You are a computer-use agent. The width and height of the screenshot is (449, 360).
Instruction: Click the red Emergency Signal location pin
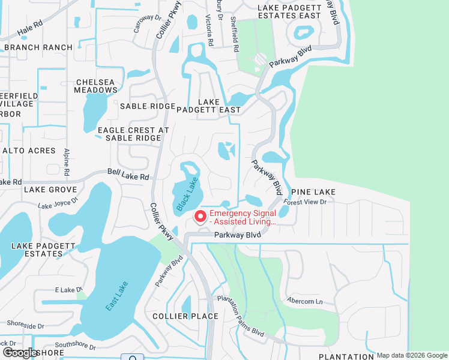(x=200, y=216)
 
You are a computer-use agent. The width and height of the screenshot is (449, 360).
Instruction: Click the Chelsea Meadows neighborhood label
(x=95, y=86)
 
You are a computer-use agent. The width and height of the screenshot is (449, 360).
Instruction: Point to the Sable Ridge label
(x=147, y=106)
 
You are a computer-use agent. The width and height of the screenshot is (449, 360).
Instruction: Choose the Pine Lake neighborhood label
(x=313, y=191)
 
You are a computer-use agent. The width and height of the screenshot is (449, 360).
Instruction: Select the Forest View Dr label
(x=306, y=202)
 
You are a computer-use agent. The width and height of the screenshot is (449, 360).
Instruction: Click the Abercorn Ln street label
(x=304, y=301)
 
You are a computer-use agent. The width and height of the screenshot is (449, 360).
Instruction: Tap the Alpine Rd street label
(x=67, y=162)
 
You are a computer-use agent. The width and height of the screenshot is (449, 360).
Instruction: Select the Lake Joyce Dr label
(x=58, y=204)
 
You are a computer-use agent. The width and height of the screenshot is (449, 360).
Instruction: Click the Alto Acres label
(x=29, y=151)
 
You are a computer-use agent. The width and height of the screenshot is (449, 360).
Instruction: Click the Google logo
(x=19, y=353)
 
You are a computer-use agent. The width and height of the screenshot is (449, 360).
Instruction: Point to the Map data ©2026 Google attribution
(x=412, y=355)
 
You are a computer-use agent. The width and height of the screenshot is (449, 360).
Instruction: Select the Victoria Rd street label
(x=209, y=31)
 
